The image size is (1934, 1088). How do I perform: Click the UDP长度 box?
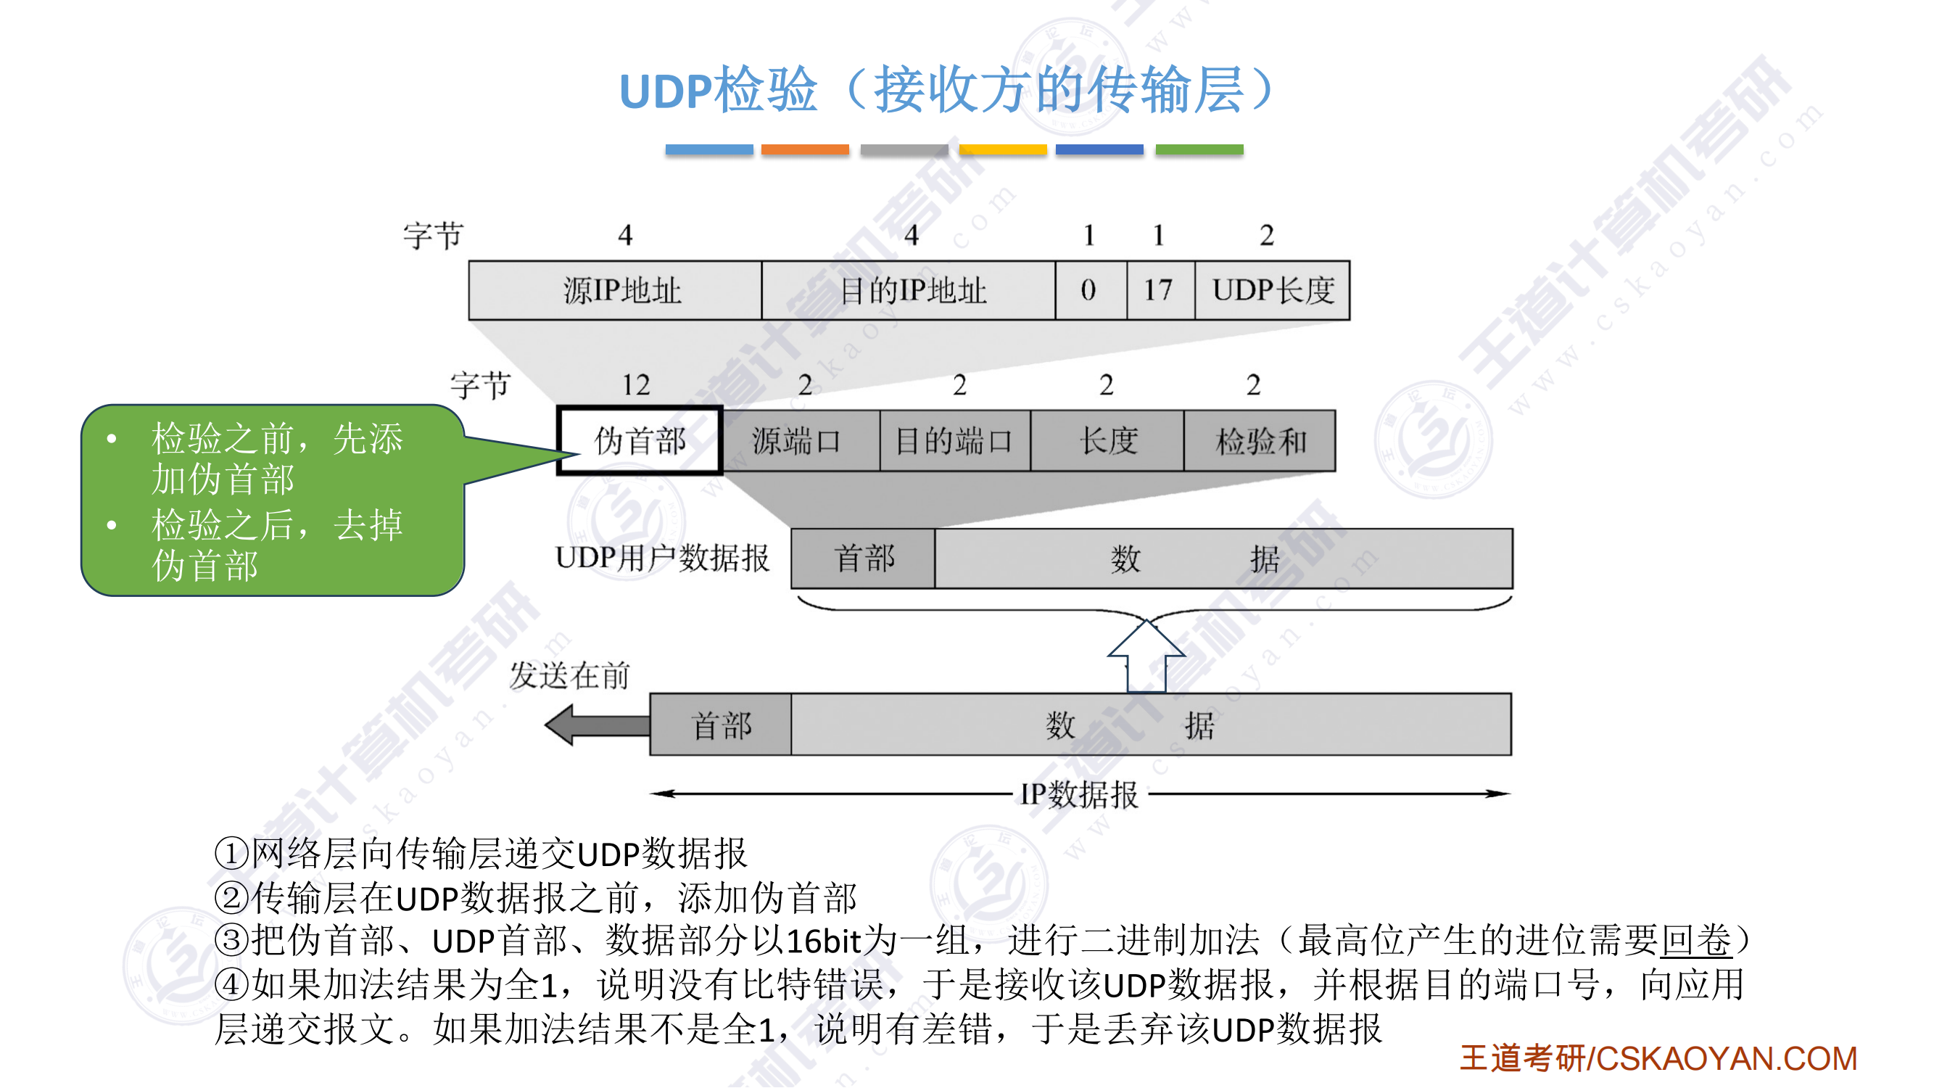click(x=1272, y=291)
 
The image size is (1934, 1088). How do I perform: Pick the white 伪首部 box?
click(x=640, y=441)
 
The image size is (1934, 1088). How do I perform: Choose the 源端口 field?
click(x=798, y=441)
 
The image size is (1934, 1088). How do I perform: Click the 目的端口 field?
click(x=954, y=441)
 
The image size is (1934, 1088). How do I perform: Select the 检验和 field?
click(x=1260, y=441)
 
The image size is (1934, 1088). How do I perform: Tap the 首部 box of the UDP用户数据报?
click(x=864, y=559)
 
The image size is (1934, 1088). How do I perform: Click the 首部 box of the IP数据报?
click(x=721, y=725)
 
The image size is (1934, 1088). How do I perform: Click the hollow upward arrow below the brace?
click(x=1146, y=657)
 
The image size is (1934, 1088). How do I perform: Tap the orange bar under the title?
click(x=805, y=149)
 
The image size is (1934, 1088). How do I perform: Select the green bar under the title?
click(x=1199, y=149)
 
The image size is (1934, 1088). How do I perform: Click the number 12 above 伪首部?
click(x=636, y=385)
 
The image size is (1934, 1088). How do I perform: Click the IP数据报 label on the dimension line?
click(x=1079, y=794)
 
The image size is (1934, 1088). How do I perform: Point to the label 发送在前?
click(x=569, y=676)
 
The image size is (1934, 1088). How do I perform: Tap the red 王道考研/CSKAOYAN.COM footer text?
click(x=1658, y=1059)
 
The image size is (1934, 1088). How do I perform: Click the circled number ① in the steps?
click(x=231, y=854)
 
